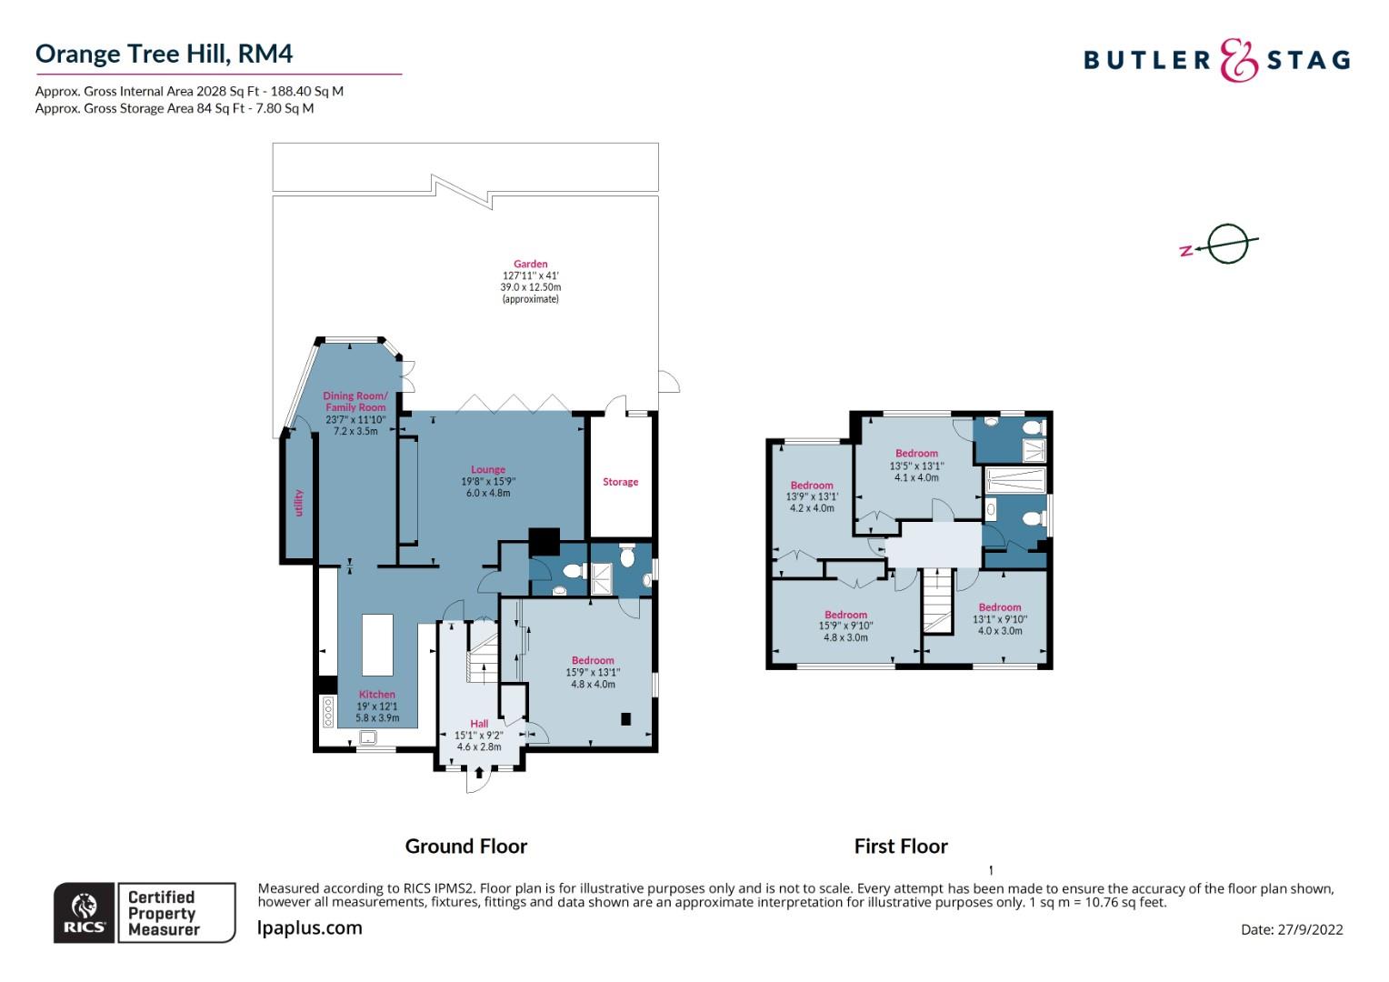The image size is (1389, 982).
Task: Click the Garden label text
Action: (530, 265)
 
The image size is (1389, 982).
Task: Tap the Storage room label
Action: (620, 482)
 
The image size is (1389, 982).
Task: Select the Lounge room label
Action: (488, 470)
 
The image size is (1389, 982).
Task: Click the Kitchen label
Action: (376, 695)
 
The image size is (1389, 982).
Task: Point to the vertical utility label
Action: (298, 502)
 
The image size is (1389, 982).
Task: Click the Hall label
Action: (479, 725)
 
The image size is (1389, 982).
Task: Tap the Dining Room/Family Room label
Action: (355, 401)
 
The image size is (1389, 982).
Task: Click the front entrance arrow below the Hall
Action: (479, 773)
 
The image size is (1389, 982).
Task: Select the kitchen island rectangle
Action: (377, 646)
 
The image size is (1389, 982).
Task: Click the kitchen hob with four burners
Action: (327, 710)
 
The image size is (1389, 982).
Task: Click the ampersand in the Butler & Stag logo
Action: (1237, 61)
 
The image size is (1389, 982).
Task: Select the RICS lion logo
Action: (84, 912)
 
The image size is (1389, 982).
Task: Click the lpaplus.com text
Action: (310, 928)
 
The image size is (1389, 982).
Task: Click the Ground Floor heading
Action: (465, 847)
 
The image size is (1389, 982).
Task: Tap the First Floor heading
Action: (901, 847)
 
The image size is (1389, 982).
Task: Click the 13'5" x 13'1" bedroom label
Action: (915, 454)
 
